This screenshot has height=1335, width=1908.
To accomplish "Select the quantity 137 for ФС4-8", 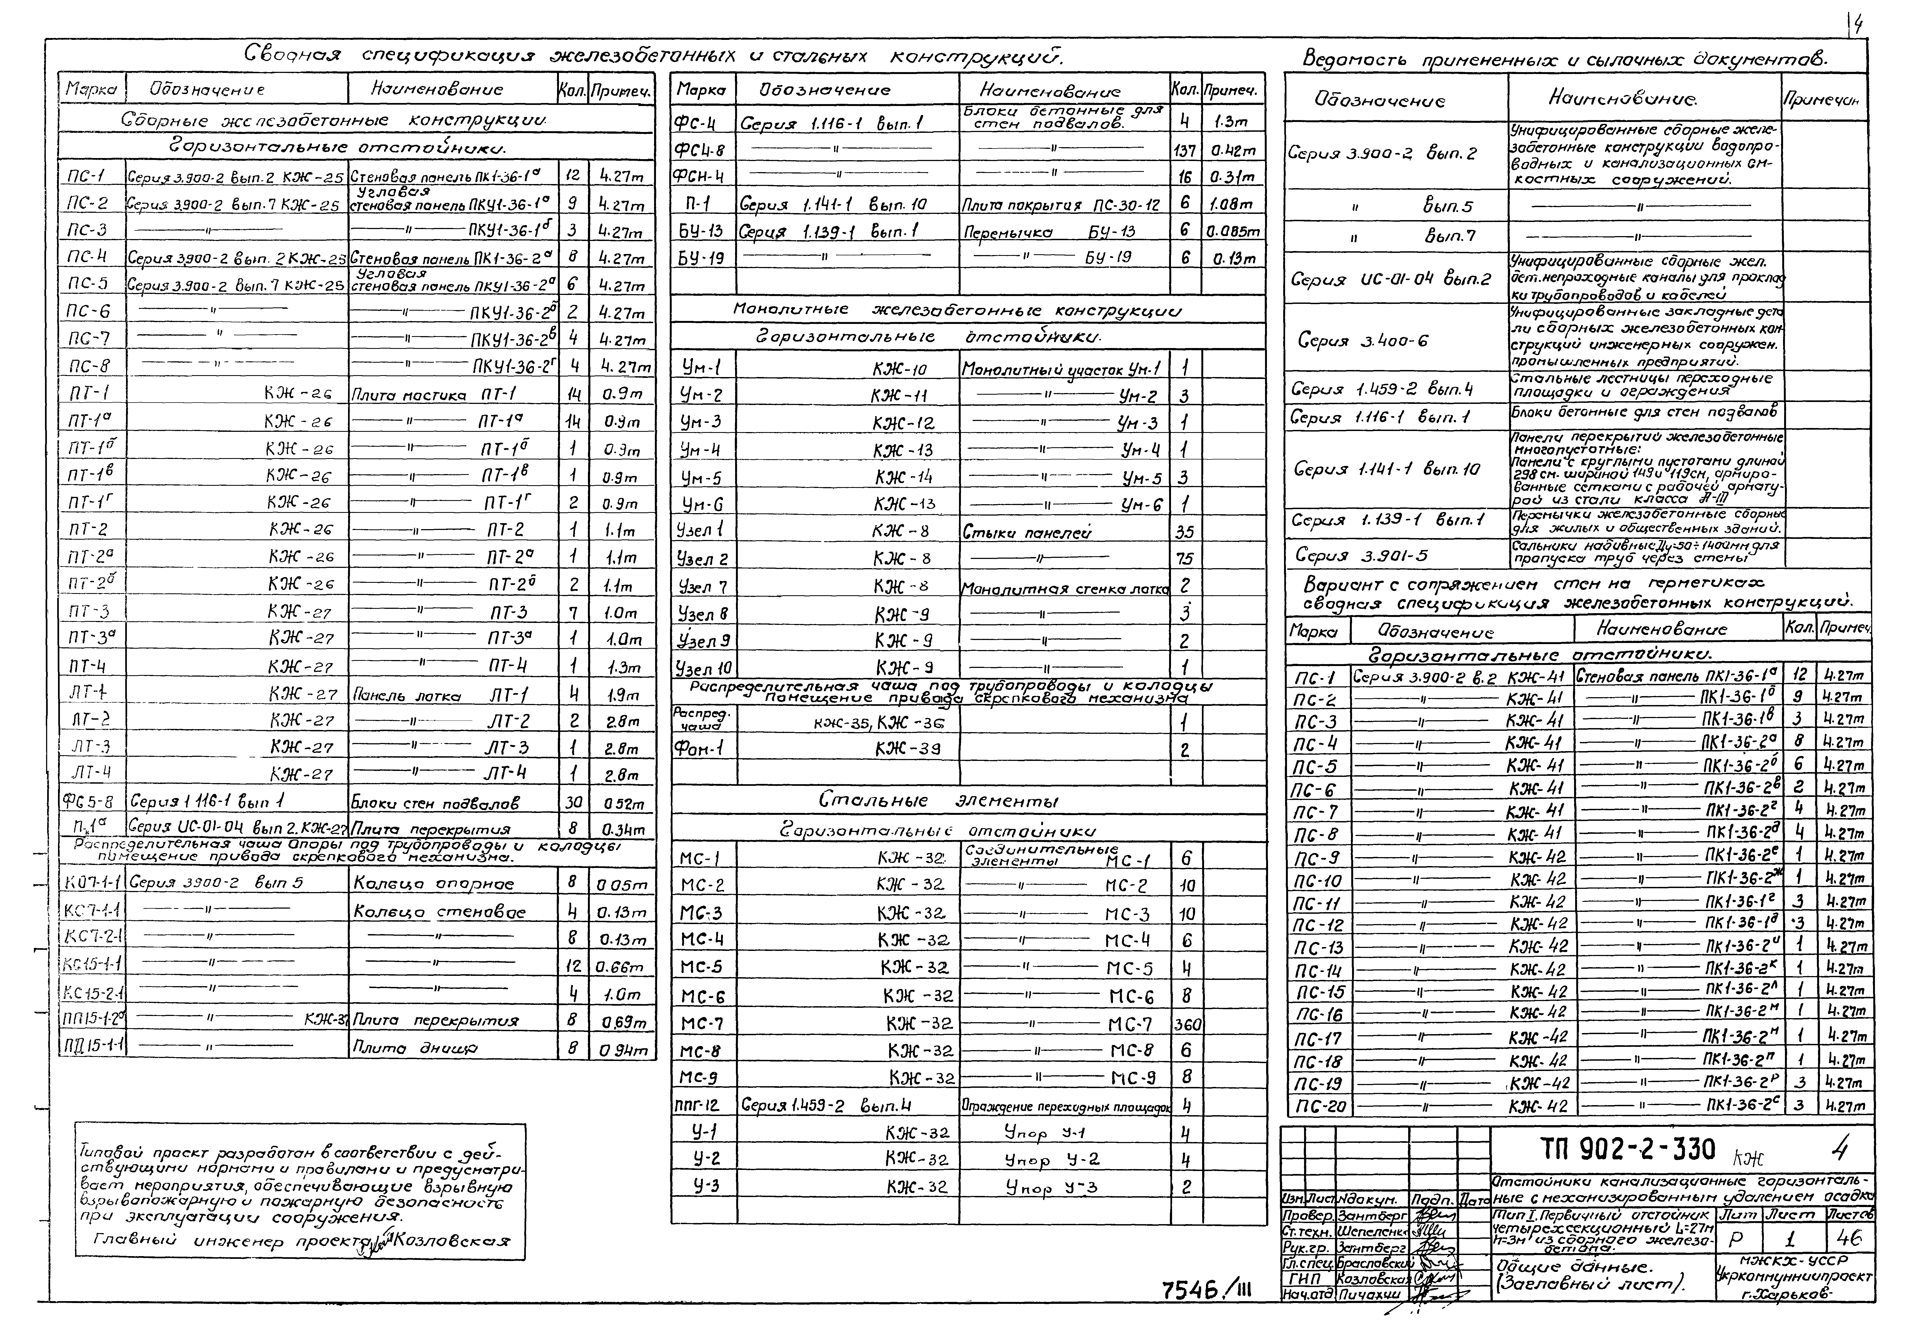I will point(1185,150).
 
